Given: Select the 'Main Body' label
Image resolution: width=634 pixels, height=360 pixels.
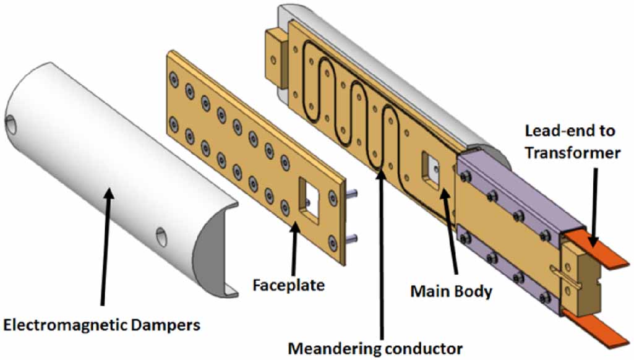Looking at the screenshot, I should [x=452, y=290].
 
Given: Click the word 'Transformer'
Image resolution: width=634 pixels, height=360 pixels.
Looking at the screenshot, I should [x=572, y=152].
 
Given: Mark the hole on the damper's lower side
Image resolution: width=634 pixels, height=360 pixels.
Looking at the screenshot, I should [x=161, y=236].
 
